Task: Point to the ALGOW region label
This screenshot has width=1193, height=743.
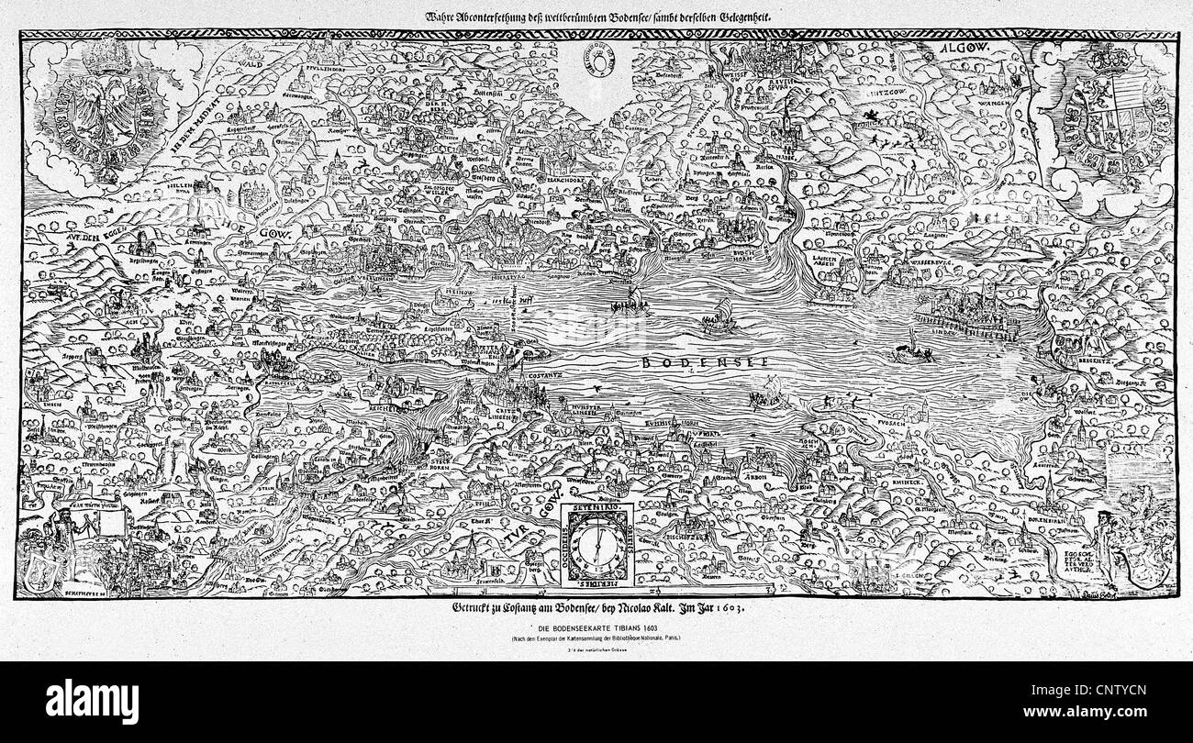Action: [x=960, y=48]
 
